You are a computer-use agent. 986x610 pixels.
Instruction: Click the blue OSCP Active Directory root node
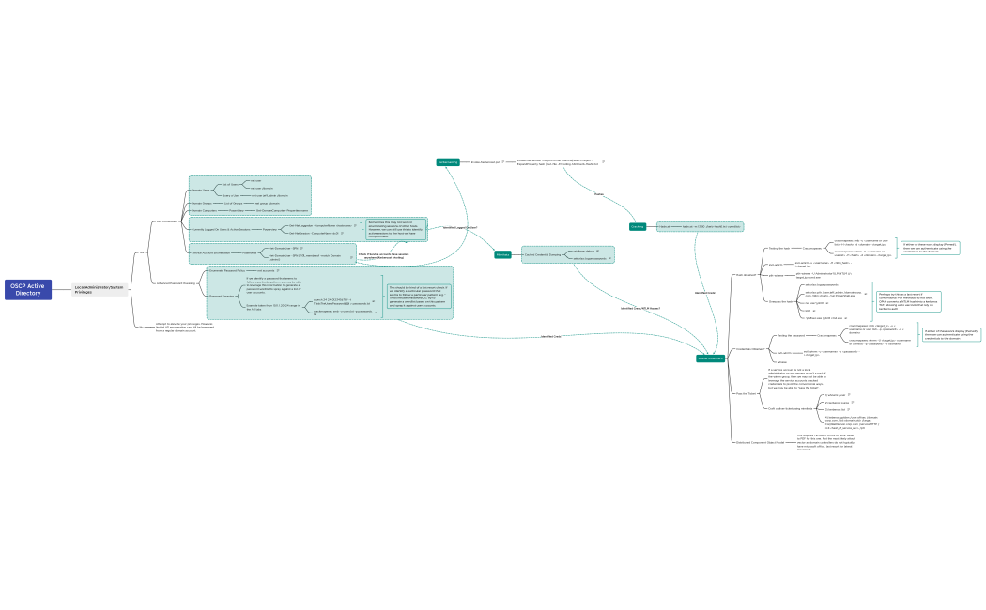point(28,289)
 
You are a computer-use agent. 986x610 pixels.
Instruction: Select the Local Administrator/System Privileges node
point(100,290)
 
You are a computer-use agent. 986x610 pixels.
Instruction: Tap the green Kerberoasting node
point(448,162)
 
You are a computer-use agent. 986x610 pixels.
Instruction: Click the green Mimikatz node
point(502,254)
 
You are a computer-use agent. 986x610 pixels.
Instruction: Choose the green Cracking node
point(638,226)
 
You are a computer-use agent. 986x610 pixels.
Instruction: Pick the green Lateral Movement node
point(710,358)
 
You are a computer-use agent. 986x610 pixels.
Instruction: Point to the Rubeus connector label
point(599,193)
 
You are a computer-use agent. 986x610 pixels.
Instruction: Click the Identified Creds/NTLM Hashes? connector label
point(640,308)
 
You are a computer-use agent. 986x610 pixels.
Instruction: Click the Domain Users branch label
point(201,190)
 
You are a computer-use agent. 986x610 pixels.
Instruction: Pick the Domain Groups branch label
point(202,203)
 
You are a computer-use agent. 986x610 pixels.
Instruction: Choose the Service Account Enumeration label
point(211,252)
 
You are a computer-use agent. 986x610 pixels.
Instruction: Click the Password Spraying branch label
point(222,296)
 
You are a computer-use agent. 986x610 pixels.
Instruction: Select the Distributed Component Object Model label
point(762,440)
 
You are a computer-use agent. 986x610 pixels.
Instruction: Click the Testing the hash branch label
point(778,249)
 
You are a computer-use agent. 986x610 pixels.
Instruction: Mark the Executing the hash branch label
point(780,301)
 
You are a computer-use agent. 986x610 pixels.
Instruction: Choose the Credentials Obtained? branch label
point(750,349)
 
